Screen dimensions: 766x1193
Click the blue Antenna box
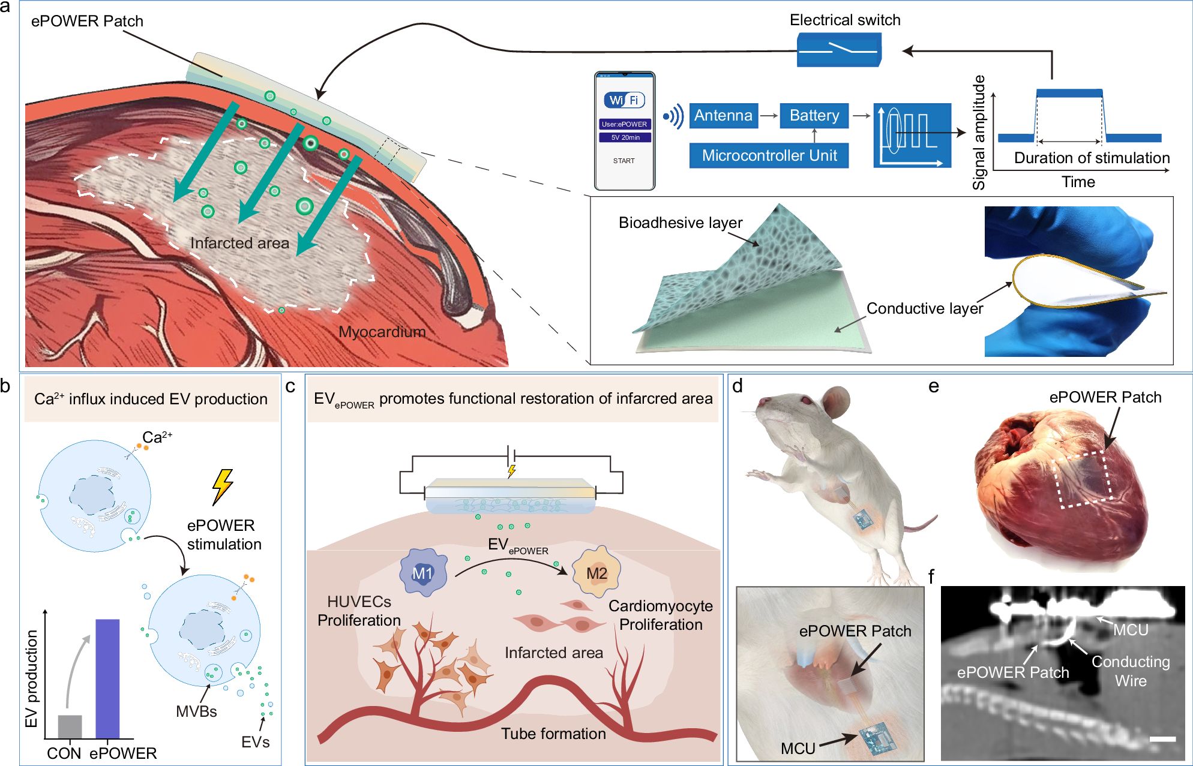(x=723, y=116)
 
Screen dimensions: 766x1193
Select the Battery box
(x=814, y=116)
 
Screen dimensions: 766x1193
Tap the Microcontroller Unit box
(x=769, y=156)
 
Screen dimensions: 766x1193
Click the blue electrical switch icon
(x=838, y=50)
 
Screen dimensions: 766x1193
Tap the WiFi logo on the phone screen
(x=624, y=100)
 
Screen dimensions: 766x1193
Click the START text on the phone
(x=624, y=161)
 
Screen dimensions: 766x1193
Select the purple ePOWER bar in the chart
(x=107, y=678)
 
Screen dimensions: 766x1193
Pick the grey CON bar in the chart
(x=70, y=726)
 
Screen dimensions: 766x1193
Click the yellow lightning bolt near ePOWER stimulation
(x=222, y=486)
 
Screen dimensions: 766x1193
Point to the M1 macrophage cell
(x=423, y=573)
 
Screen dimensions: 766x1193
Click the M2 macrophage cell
(x=596, y=573)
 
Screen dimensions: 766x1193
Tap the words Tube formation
(x=553, y=734)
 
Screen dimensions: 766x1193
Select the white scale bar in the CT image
(x=1162, y=739)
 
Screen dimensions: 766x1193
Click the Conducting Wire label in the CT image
(x=1131, y=671)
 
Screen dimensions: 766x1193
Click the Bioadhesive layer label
(x=681, y=223)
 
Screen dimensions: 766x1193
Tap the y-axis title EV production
(x=31, y=678)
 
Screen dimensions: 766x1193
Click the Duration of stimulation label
(x=1092, y=158)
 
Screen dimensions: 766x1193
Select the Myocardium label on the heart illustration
(x=382, y=332)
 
